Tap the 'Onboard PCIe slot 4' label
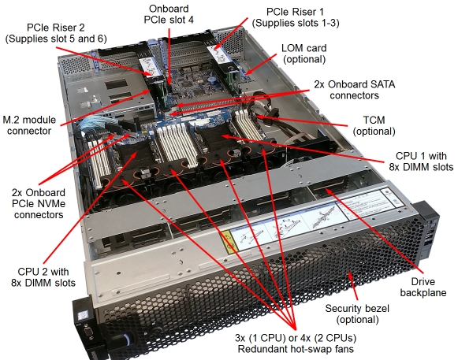coord(169,14)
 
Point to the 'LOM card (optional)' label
coord(304,54)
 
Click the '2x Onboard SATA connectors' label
coord(355,90)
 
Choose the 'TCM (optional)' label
coord(374,125)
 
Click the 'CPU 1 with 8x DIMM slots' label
coord(421,161)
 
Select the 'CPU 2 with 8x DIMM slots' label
coord(43,277)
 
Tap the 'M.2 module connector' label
coord(29,125)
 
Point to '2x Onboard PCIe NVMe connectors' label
coord(39,203)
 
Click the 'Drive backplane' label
coord(423,287)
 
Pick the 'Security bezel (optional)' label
coord(357,314)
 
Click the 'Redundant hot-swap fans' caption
coord(296,349)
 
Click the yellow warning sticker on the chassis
coord(229,243)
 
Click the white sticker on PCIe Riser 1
coord(219,55)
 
